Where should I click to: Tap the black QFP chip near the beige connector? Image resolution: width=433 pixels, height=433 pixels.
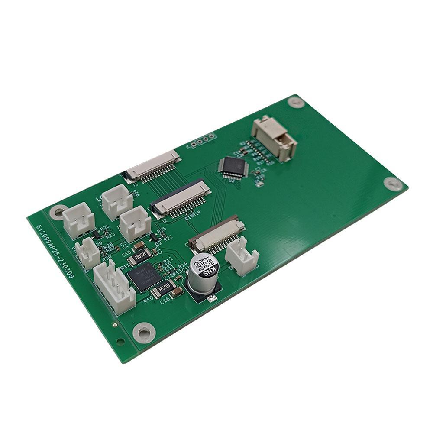pos(233,167)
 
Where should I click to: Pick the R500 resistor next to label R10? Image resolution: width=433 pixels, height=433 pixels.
pos(166,286)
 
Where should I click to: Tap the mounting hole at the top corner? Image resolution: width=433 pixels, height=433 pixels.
pos(296,103)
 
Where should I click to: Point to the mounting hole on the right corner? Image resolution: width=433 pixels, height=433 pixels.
pos(393,184)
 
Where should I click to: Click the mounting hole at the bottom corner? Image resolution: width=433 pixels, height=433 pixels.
pos(143,333)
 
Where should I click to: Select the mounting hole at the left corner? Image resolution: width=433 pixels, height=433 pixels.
pos(57,212)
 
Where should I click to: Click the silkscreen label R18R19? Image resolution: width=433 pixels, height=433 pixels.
pos(192,216)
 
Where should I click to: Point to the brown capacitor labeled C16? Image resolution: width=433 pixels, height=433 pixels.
pos(175,294)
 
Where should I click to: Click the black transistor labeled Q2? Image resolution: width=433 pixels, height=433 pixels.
pos(153,238)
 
